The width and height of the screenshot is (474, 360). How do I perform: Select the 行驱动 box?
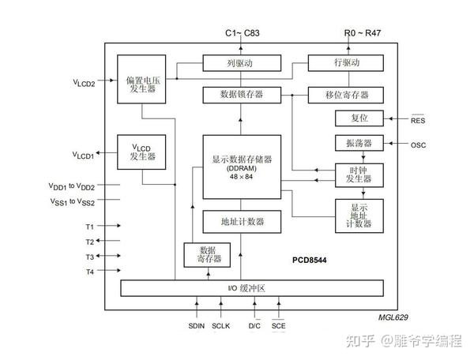tap(344, 63)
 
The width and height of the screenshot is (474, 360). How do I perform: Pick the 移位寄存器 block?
tap(344, 95)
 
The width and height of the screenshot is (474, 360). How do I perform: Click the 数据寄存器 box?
tap(204, 254)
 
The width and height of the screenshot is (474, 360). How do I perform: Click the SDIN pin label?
tap(196, 325)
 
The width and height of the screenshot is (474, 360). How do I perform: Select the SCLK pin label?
tap(221, 325)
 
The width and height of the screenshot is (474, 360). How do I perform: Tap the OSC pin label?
tap(419, 144)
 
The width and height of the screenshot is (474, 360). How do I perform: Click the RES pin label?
tap(418, 120)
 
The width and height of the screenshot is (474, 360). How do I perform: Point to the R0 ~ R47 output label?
tap(362, 33)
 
